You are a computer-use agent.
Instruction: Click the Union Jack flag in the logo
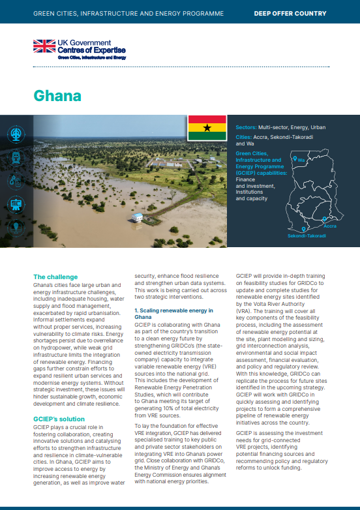45,46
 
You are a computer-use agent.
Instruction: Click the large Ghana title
57,96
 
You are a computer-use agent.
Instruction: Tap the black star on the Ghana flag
207,128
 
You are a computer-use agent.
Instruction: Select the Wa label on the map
301,159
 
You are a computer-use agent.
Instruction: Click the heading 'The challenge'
55,277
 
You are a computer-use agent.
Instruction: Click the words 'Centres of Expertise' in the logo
92,50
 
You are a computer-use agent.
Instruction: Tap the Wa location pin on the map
295,158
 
